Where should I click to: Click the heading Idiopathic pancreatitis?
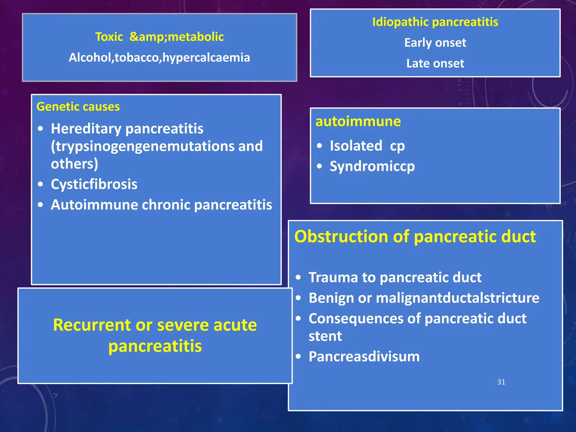pyautogui.click(x=435, y=22)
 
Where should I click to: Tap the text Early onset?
pyautogui.click(x=435, y=43)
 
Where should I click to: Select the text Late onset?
pyautogui.click(x=435, y=64)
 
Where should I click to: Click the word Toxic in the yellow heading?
pyautogui.click(x=109, y=37)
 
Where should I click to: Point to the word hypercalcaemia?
pyautogui.click(x=206, y=58)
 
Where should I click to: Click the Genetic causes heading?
pyautogui.click(x=78, y=107)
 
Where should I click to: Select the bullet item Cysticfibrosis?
pyautogui.click(x=94, y=184)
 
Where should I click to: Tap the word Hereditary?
pyautogui.click(x=86, y=129)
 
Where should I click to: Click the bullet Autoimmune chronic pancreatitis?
pyautogui.click(x=161, y=205)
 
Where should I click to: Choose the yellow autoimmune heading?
pyautogui.click(x=358, y=121)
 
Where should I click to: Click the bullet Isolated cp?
pyautogui.click(x=367, y=146)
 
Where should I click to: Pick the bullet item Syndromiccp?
pyautogui.click(x=372, y=166)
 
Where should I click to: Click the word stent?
pyautogui.click(x=325, y=336)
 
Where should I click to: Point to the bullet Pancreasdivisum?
pyautogui.click(x=364, y=357)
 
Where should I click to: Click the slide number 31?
pyautogui.click(x=501, y=382)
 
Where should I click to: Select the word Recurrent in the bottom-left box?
pyautogui.click(x=92, y=325)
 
